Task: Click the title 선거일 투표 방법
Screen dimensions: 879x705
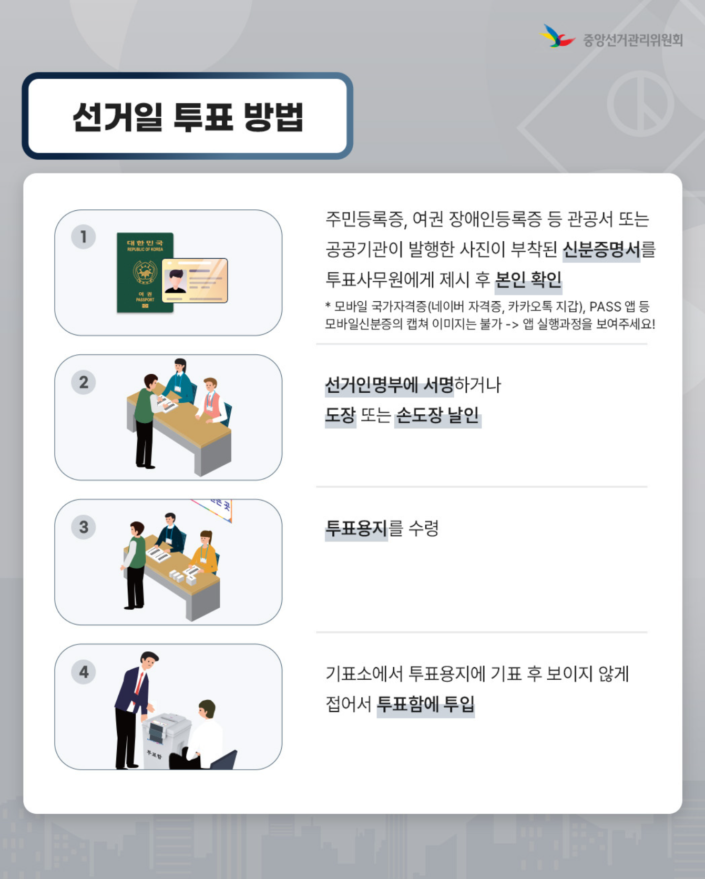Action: [188, 116]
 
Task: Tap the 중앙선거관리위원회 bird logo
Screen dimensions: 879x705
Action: [557, 37]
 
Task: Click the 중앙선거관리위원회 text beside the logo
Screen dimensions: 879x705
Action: [632, 40]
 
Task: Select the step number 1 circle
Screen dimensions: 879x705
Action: [84, 237]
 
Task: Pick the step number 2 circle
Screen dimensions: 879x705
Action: [84, 382]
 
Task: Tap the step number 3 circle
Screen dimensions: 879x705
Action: [84, 527]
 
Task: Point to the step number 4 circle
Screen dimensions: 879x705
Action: [84, 672]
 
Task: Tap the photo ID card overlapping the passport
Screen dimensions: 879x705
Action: [195, 281]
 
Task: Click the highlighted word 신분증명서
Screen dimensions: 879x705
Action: [601, 250]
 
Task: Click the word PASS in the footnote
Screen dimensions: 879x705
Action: [605, 307]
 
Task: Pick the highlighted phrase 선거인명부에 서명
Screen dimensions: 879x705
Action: [389, 385]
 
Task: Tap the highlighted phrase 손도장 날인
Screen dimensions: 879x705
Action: [437, 416]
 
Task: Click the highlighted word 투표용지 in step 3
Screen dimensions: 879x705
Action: [356, 528]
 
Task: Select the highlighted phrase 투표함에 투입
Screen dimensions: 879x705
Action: [426, 704]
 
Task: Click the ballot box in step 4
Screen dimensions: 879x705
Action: [164, 739]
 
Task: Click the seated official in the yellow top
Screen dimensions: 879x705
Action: [206, 552]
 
